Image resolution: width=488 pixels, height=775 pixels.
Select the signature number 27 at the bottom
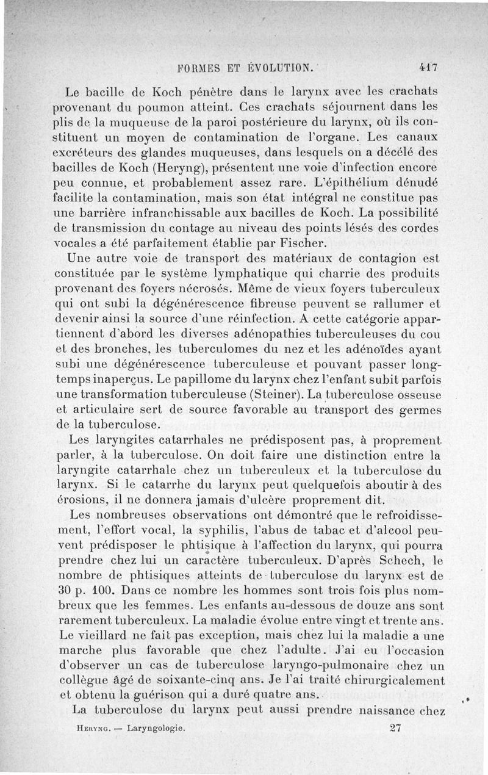pyautogui.click(x=395, y=727)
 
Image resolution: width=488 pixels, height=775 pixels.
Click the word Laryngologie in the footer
pyautogui.click(x=156, y=728)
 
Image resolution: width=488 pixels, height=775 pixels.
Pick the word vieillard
pyautogui.click(x=106, y=635)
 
